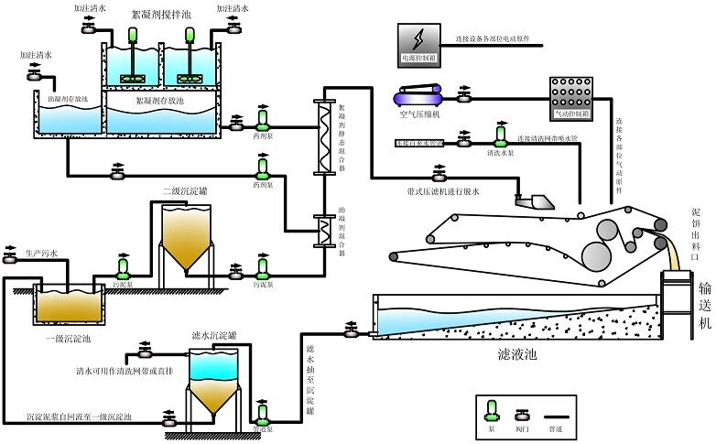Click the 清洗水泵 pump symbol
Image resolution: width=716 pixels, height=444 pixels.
pyautogui.click(x=501, y=136)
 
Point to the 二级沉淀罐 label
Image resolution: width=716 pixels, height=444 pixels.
pyautogui.click(x=186, y=190)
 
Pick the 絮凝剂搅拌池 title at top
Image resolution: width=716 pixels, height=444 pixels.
pyautogui.click(x=161, y=16)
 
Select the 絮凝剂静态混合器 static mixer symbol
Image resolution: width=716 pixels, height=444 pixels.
pyautogui.click(x=321, y=136)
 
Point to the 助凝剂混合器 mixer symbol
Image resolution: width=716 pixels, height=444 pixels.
pyautogui.click(x=322, y=226)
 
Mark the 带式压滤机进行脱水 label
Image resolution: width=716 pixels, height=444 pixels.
pyautogui.click(x=443, y=191)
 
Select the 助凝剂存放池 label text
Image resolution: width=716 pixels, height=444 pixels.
pyautogui.click(x=69, y=100)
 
